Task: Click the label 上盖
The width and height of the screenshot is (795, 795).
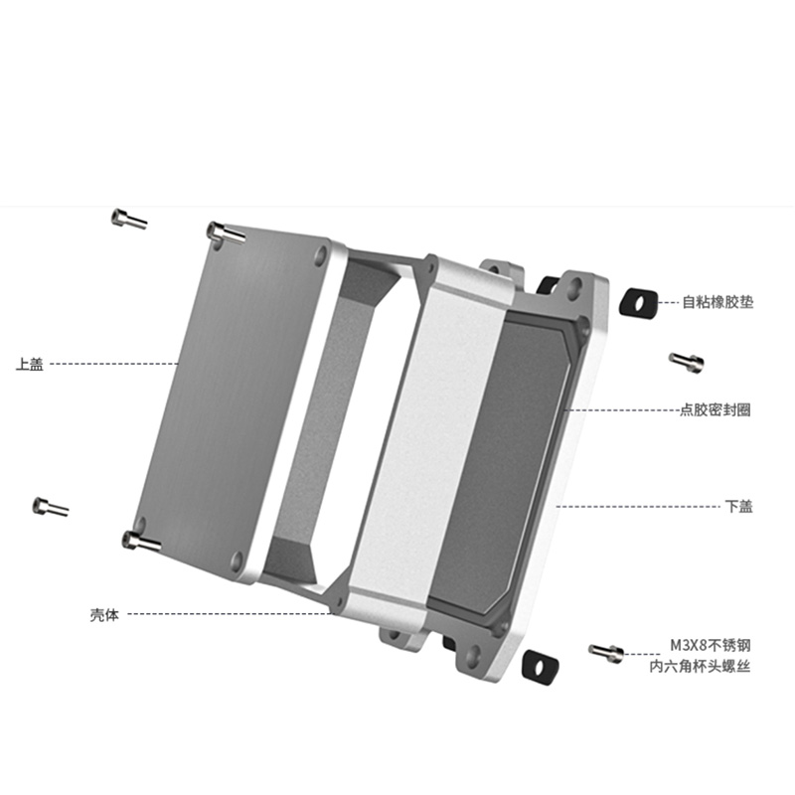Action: click(30, 364)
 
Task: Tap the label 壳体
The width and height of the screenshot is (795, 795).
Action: click(104, 614)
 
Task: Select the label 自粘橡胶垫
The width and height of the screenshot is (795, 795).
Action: click(717, 302)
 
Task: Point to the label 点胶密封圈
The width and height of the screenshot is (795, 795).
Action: click(715, 409)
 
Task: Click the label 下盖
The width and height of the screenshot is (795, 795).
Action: click(738, 506)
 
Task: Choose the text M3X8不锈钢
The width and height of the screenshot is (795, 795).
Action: click(711, 645)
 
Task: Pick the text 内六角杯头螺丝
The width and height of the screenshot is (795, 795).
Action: click(700, 666)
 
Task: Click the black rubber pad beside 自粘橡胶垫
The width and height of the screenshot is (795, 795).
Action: click(638, 304)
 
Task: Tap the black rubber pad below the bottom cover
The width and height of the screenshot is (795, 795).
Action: click(540, 666)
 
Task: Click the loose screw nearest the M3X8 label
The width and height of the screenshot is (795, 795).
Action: click(606, 653)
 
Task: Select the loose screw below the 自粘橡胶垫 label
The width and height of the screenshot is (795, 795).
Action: click(687, 363)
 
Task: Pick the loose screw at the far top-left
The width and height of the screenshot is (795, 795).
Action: click(129, 219)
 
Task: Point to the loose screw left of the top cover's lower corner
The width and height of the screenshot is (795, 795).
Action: click(51, 507)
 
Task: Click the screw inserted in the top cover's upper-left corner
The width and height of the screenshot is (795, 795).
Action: click(227, 234)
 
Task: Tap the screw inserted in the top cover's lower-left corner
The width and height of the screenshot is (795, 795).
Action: click(141, 542)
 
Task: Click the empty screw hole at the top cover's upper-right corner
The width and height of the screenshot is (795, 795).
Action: click(321, 255)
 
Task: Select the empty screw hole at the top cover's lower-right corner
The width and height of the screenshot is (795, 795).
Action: click(237, 560)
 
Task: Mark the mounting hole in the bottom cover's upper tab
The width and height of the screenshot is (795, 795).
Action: click(574, 288)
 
